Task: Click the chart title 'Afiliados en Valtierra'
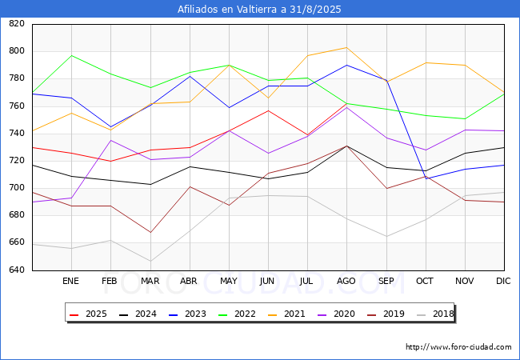coord(259,10)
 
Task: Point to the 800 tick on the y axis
coord(16,51)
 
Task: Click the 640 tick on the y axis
coord(16,270)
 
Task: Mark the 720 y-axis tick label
coord(16,161)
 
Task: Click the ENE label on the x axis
coord(71,282)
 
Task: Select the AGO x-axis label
coord(346,282)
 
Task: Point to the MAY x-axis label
coord(228,282)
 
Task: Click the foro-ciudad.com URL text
coord(458,347)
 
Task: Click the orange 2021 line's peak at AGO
coord(346,47)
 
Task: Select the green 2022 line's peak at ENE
coord(71,55)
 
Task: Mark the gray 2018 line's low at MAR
coord(150,261)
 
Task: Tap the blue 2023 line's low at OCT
coord(426,178)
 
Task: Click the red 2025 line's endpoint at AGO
coord(346,103)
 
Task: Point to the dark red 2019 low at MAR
coord(150,233)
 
